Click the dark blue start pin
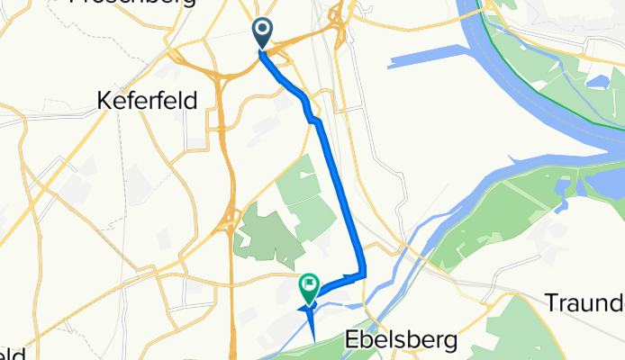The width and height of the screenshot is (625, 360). (262, 32)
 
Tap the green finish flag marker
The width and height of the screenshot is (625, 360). (309, 287)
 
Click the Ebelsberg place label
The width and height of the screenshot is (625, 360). (402, 340)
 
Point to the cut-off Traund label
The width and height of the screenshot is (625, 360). (584, 302)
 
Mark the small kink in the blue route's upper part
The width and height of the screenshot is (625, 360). (312, 115)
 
